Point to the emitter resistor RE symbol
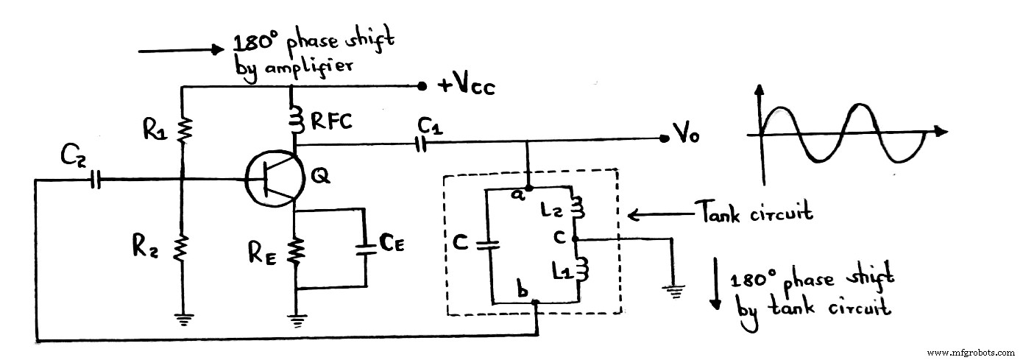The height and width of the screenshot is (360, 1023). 295,251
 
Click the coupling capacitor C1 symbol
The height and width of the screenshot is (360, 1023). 421,145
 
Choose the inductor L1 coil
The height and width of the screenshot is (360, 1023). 578,269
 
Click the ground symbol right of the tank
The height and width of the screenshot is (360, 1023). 673,288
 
